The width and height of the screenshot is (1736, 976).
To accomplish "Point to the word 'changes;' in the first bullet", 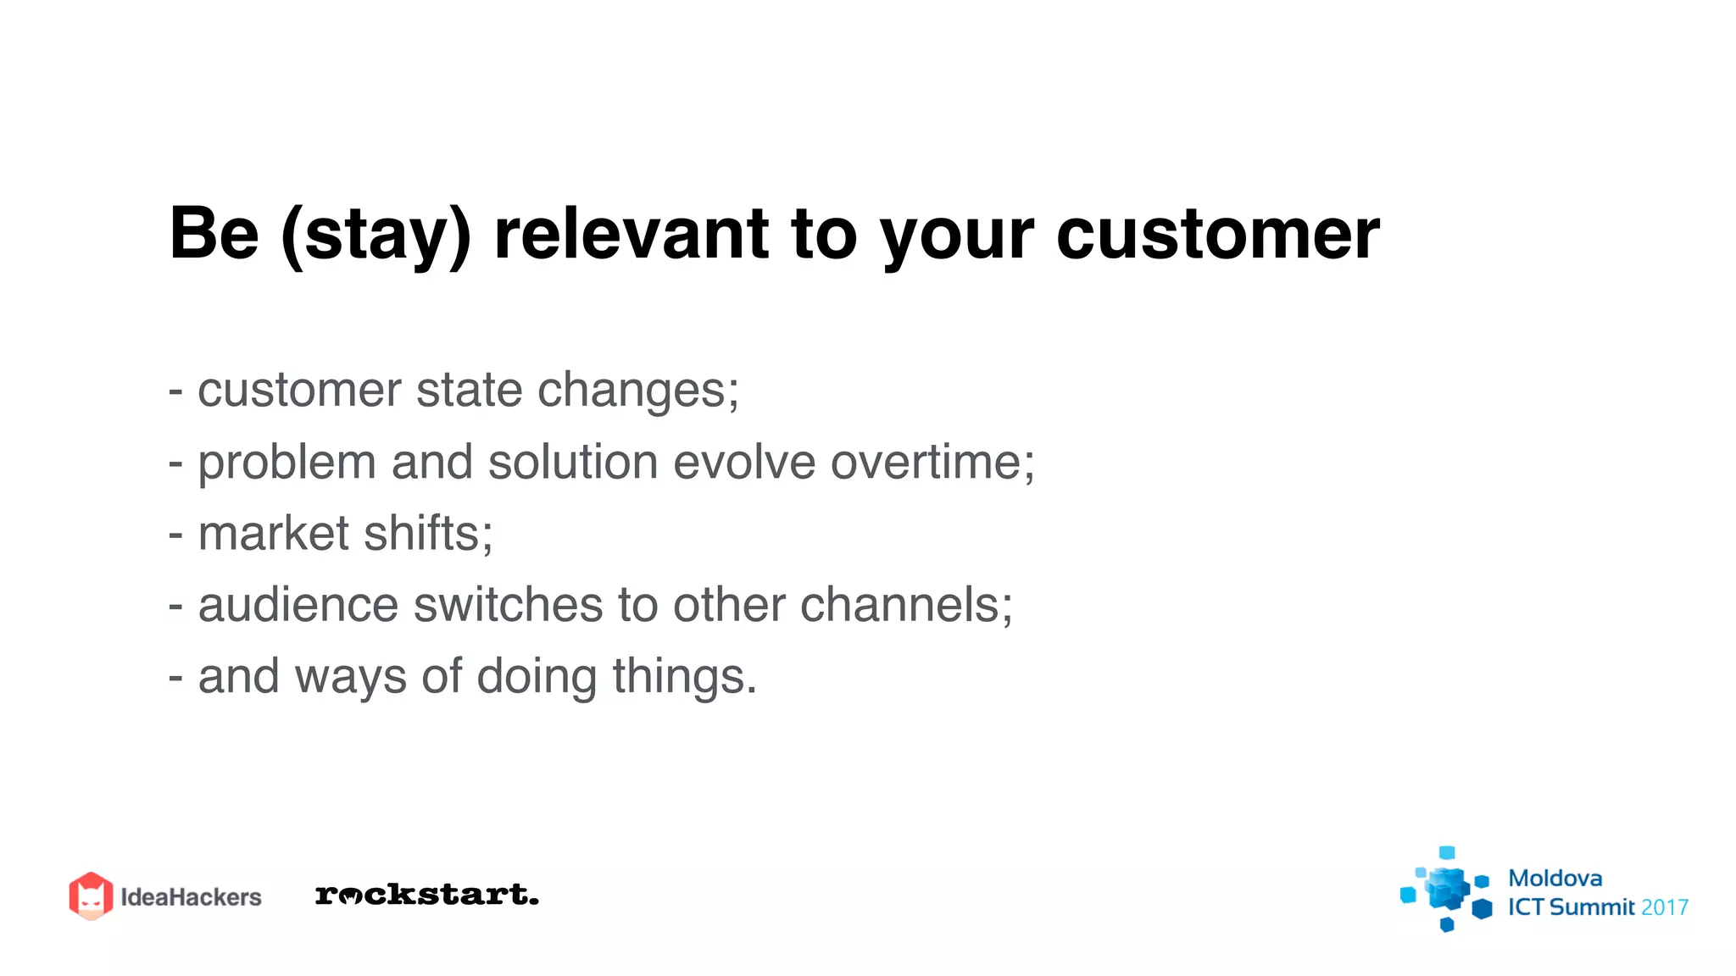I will [x=638, y=391].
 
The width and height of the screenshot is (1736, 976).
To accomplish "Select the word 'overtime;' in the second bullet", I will [x=932, y=463].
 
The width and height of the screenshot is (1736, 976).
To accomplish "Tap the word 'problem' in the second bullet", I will [x=287, y=464].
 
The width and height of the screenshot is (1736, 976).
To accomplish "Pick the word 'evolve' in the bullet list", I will [x=744, y=463].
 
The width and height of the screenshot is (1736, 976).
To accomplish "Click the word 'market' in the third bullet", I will [x=273, y=534].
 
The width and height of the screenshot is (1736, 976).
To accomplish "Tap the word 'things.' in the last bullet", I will [x=684, y=678].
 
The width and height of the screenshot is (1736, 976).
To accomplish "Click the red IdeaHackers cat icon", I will [x=91, y=896].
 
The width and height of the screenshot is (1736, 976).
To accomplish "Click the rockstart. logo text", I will [x=426, y=895].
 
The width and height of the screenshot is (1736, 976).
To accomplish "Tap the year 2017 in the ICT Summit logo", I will [x=1664, y=907].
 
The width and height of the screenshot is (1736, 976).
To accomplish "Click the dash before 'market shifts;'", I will [x=175, y=535].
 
